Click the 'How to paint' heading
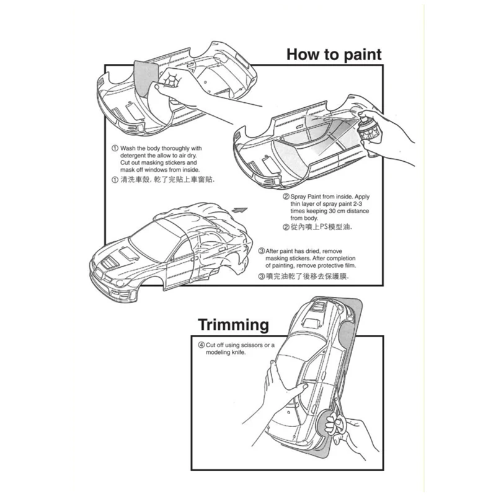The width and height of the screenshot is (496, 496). [334, 54]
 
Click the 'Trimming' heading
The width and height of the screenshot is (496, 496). [233, 325]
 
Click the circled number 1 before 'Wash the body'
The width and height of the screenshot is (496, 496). [115, 149]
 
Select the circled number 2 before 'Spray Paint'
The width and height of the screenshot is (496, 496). [286, 196]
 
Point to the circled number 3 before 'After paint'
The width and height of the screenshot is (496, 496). [261, 250]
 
